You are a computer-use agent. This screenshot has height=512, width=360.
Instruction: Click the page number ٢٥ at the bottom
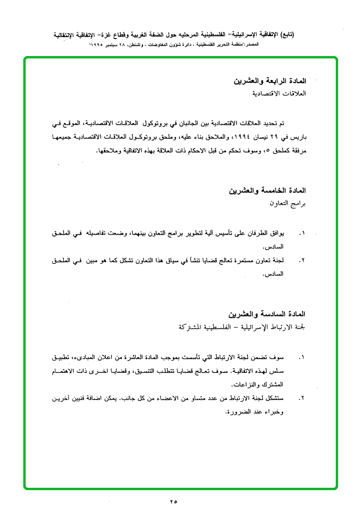pyautogui.click(x=172, y=501)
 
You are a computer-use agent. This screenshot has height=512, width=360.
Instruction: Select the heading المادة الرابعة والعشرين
pyautogui.click(x=270, y=82)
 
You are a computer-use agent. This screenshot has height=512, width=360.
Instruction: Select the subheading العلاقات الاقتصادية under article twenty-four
pyautogui.click(x=279, y=94)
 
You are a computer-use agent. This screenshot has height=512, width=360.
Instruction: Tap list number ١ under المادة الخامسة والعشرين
pyautogui.click(x=301, y=234)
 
